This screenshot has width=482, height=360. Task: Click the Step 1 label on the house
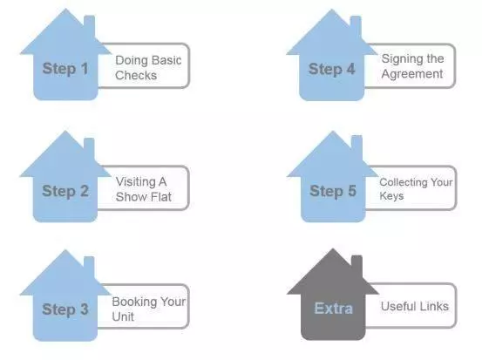[65, 69]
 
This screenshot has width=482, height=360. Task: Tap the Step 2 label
[65, 191]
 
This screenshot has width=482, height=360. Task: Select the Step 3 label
[65, 309]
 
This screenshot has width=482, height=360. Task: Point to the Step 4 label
[332, 69]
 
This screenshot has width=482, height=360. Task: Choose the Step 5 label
[333, 191]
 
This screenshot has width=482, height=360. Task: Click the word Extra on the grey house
[334, 308]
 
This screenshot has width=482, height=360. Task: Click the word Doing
[131, 60]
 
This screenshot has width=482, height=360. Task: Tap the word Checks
[136, 75]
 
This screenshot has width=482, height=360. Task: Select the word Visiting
[137, 182]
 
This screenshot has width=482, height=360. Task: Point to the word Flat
[160, 197]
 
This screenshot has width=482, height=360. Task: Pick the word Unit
[123, 316]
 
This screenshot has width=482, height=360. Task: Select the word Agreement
[412, 74]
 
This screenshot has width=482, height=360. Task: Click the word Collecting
[404, 182]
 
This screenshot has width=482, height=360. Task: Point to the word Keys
[391, 196]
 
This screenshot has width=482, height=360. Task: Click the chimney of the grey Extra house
[356, 265]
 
